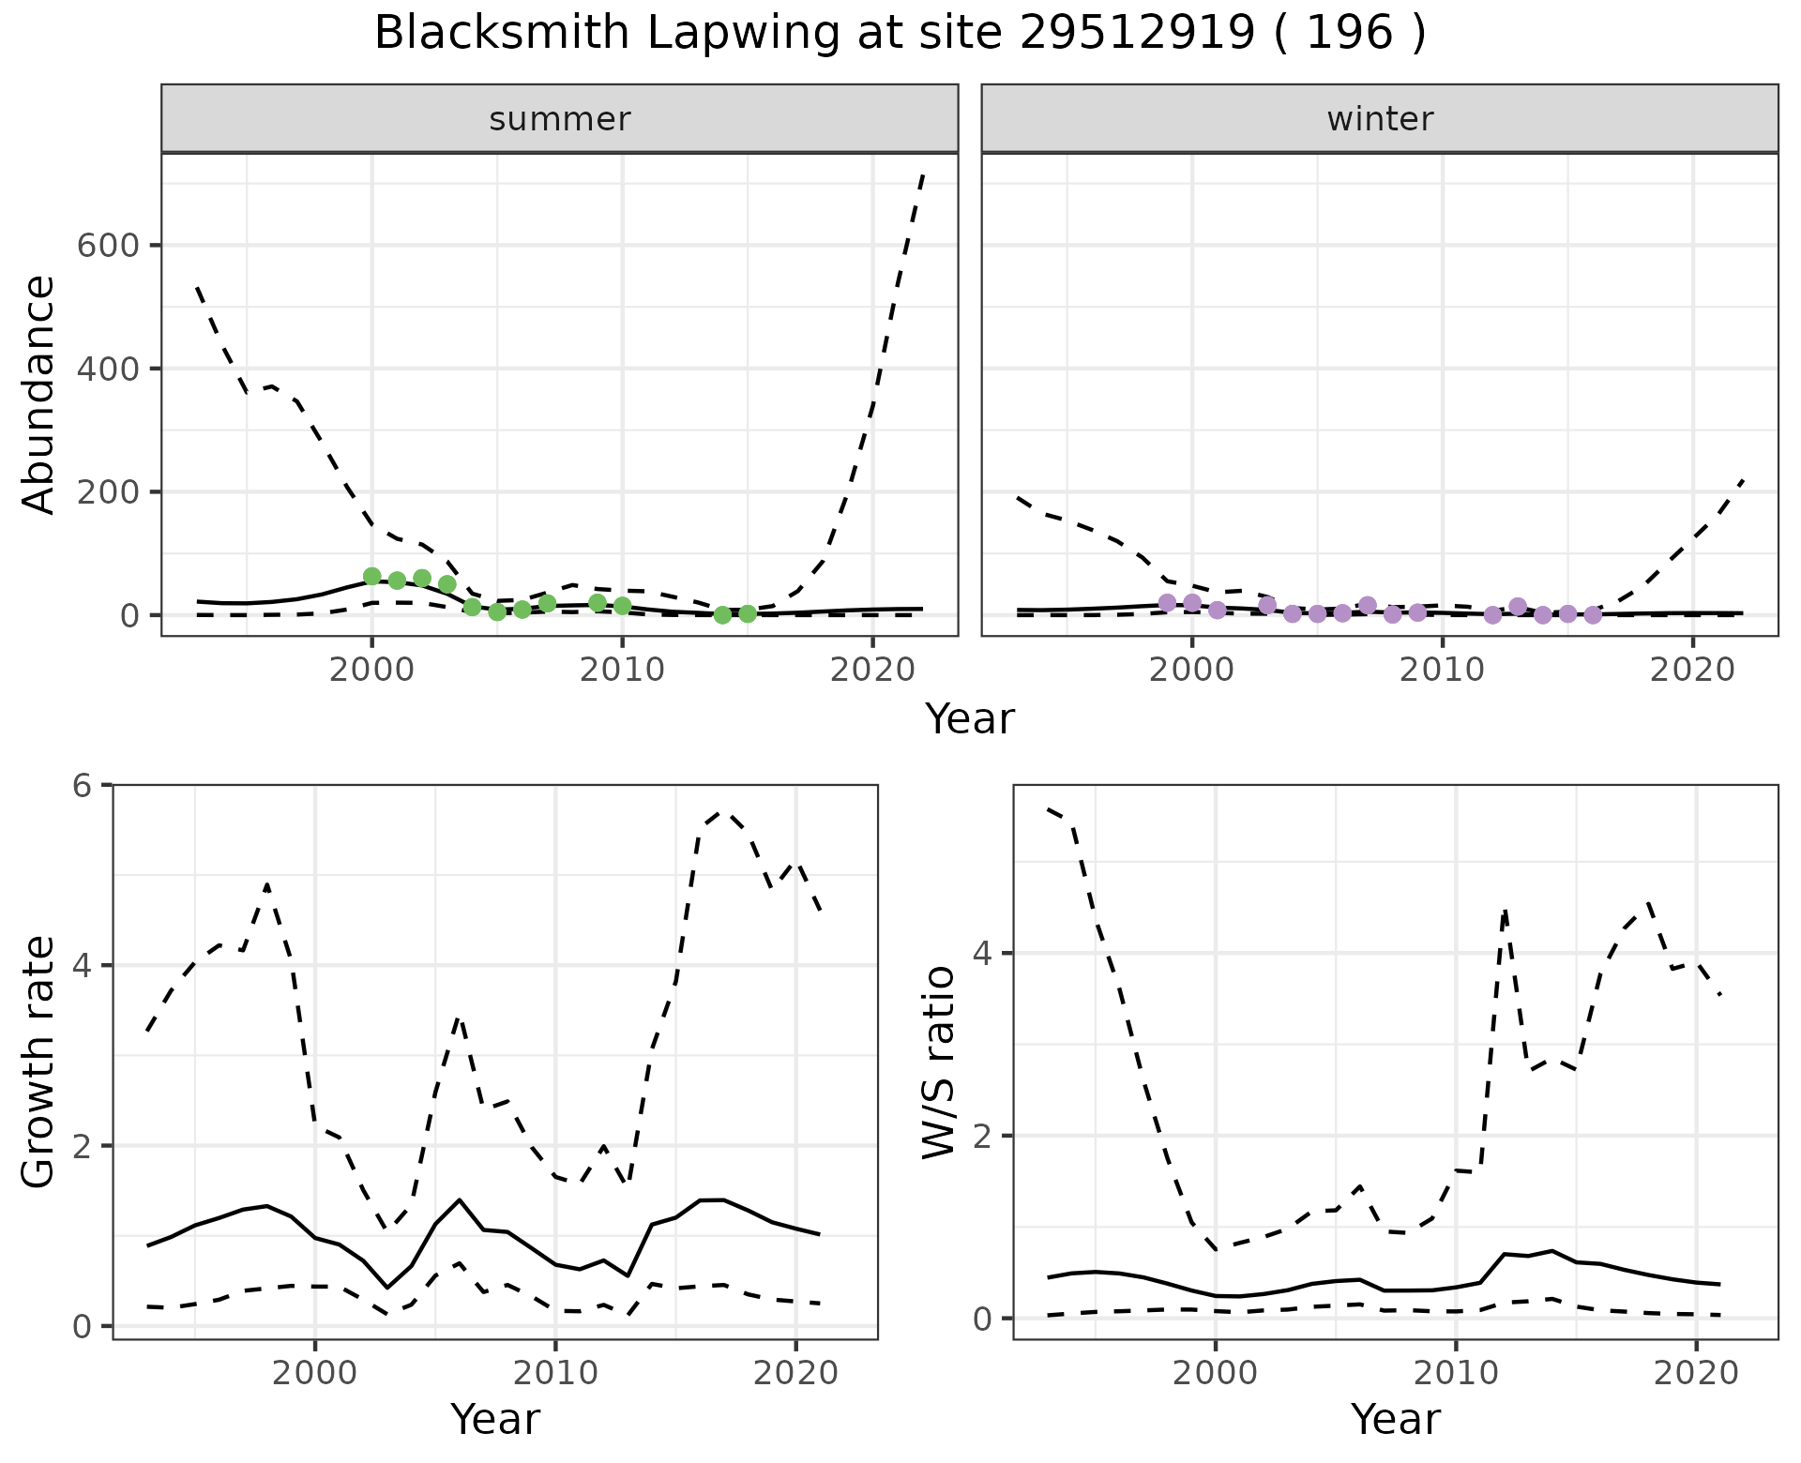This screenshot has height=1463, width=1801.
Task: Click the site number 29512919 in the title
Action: [1135, 34]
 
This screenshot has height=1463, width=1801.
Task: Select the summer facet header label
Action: [560, 119]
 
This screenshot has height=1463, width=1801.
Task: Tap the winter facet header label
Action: [1380, 119]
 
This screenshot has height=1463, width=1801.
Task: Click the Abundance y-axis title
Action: [39, 395]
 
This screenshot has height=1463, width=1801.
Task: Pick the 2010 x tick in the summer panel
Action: [622, 670]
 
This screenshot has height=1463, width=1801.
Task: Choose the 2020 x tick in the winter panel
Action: [1693, 670]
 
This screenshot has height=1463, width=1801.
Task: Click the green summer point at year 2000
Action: [372, 576]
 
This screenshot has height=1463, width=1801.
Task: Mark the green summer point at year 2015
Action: [748, 613]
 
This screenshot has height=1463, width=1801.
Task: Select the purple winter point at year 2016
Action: [1593, 615]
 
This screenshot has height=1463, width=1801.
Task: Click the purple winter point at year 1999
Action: [1167, 602]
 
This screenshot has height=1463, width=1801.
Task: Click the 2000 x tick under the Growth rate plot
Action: [315, 1373]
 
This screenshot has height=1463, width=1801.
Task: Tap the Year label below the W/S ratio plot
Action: [1395, 1420]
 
